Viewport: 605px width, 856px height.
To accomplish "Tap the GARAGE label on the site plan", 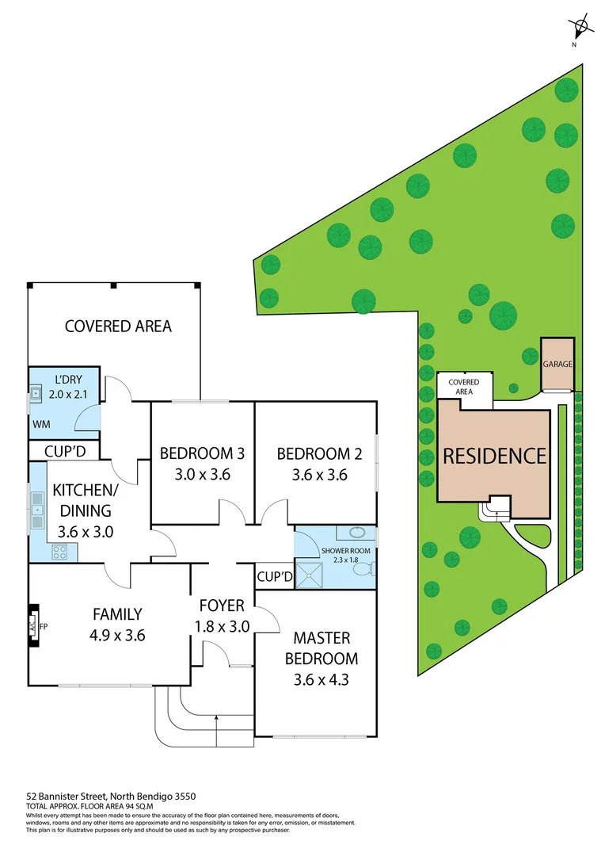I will coord(557,365).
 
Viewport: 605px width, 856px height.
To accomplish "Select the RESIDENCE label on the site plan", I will coord(494,457).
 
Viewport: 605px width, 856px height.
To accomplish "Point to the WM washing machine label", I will coord(41,424).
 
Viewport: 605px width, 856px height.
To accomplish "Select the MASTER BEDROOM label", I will coord(321,648).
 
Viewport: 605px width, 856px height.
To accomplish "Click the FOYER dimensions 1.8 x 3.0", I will coord(222,626).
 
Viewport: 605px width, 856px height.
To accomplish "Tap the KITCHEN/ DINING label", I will coord(82,500).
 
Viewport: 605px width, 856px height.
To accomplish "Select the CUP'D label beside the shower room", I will coord(274,576).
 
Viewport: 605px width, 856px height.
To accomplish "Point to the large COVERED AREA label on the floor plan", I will coord(118,326).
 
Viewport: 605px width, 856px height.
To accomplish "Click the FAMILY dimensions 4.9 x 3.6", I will coord(117,634).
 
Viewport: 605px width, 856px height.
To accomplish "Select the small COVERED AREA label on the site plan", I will coord(464,387).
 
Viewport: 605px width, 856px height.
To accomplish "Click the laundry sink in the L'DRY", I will coord(36,392).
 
